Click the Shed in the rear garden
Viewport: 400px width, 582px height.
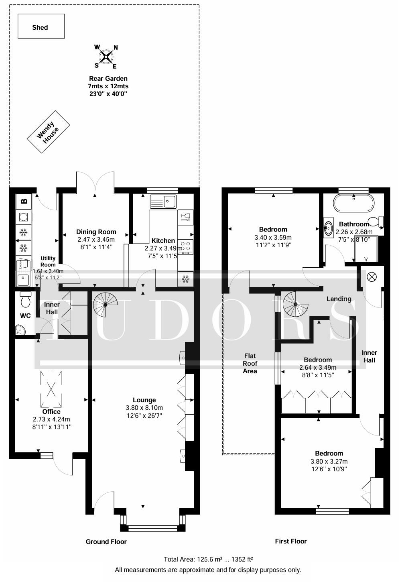tap(41, 26)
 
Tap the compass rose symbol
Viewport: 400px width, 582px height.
tap(106, 57)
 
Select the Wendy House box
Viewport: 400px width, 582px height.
tap(48, 132)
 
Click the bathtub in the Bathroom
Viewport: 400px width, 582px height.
tap(354, 203)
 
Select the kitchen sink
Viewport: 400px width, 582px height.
tap(164, 201)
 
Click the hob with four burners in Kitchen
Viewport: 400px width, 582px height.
tap(186, 247)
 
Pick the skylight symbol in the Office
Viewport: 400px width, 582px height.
tap(51, 389)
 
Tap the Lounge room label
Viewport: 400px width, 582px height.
tap(144, 400)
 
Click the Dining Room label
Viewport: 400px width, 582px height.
tap(96, 232)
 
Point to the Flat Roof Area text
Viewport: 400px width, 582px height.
tap(250, 363)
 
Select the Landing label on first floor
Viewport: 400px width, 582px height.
tap(339, 299)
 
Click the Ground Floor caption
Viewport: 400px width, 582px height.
tap(106, 541)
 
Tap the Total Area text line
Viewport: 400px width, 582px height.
tap(208, 559)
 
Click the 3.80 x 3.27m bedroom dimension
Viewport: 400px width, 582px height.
tap(329, 461)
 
